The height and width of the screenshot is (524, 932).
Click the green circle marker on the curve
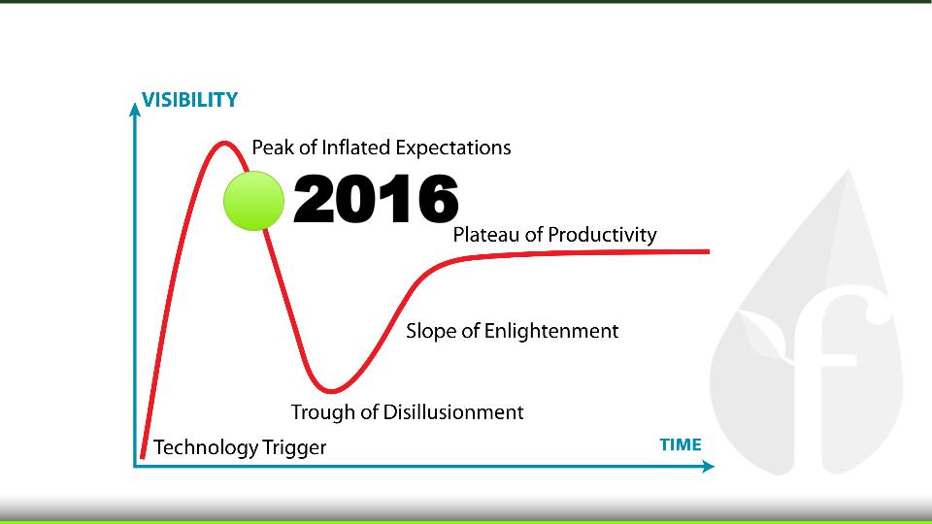pyautogui.click(x=253, y=201)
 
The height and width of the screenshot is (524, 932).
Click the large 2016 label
pyautogui.click(x=377, y=198)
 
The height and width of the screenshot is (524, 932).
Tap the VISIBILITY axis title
pyautogui.click(x=189, y=100)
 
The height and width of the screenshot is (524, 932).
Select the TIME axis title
pyautogui.click(x=681, y=444)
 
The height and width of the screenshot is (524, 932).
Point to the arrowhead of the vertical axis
pyautogui.click(x=135, y=110)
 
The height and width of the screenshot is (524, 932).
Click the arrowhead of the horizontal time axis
pyautogui.click(x=708, y=467)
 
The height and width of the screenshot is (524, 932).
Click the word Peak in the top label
pyautogui.click(x=274, y=147)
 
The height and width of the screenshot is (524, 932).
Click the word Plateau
pyautogui.click(x=486, y=235)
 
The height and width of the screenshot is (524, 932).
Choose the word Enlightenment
pyautogui.click(x=551, y=332)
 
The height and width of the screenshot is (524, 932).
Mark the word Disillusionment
pyautogui.click(x=453, y=412)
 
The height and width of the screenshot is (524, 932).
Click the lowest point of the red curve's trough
pyautogui.click(x=330, y=391)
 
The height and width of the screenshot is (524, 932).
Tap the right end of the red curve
pyautogui.click(x=708, y=251)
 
